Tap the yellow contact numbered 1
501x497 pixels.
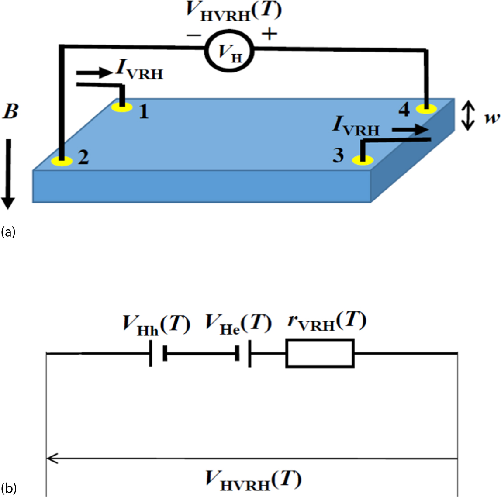pos(122,107)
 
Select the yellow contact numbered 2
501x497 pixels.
pos(62,162)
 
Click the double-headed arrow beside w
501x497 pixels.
pos(468,115)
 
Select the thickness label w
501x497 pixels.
pos(492,118)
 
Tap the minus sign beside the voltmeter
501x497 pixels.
pos(193,35)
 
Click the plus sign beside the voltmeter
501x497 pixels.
pos(269,34)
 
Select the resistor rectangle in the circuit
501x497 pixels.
pos(320,353)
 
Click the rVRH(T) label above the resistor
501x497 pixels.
pos(326,323)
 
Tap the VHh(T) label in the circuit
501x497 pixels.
pos(156,324)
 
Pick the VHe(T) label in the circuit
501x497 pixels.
pos(238,324)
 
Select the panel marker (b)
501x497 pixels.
pos(8,488)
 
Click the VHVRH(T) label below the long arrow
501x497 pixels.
pos(253,480)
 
